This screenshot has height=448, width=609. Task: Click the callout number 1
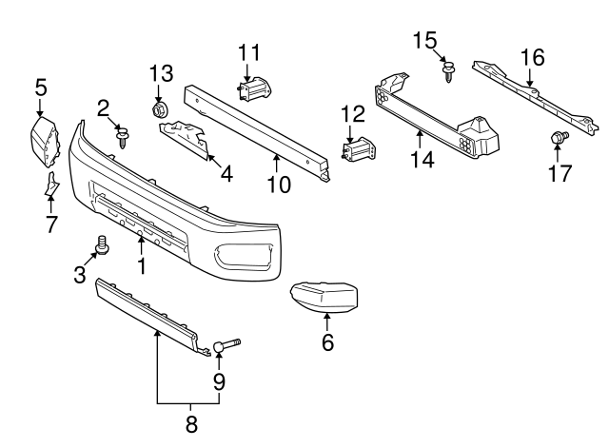[x=142, y=266]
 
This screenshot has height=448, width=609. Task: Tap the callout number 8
[x=190, y=425]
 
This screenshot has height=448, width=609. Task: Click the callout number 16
[x=532, y=58]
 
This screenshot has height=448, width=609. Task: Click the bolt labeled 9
[x=226, y=345]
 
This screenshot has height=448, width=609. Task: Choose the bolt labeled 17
[x=558, y=140]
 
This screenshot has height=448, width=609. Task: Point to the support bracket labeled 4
[x=190, y=138]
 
